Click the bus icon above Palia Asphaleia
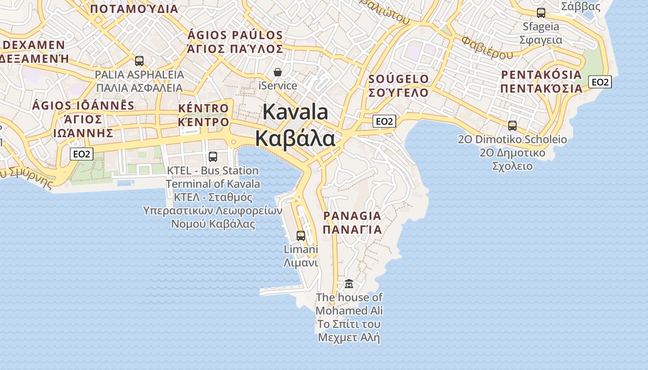(139, 61)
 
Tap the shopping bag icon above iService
(278, 72)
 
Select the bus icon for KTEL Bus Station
(213, 157)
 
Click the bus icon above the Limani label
(301, 236)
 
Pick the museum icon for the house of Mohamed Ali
(349, 284)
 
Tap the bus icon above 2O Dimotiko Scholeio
(512, 125)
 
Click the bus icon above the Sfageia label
(541, 12)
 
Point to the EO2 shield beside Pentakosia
(600, 82)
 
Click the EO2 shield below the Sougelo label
(384, 121)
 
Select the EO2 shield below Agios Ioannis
(81, 154)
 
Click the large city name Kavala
(295, 112)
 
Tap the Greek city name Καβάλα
(295, 138)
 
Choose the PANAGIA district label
(352, 216)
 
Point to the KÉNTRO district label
(204, 109)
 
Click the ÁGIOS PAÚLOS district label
(235, 35)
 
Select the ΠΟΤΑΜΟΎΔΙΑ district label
(134, 9)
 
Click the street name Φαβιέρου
(487, 48)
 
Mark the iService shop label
(278, 86)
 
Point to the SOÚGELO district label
(399, 79)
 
